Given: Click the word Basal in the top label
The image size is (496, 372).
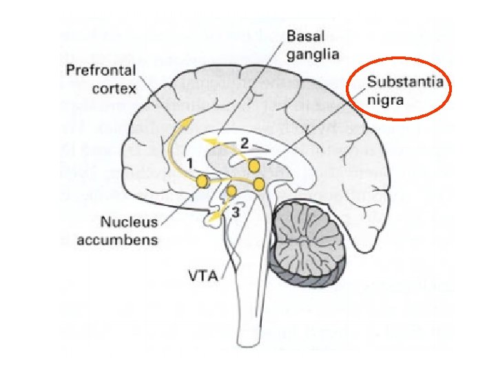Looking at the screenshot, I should [303, 34].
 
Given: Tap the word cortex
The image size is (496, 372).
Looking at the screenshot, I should [114, 88].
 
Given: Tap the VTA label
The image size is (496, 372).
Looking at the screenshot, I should [204, 278].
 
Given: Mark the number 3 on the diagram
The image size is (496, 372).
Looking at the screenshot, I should [236, 213].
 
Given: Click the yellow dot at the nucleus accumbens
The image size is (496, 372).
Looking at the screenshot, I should [203, 181].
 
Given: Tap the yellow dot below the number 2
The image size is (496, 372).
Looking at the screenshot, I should [254, 166].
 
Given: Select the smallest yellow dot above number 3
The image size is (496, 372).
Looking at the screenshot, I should [232, 190].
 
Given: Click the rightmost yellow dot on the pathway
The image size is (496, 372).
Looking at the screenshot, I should [259, 184].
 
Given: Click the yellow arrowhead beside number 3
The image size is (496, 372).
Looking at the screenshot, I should [215, 218].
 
